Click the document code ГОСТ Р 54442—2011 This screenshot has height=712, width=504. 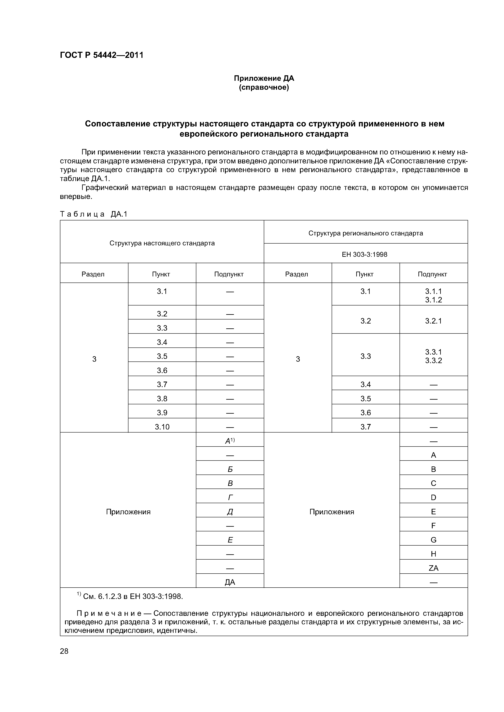tap(102, 55)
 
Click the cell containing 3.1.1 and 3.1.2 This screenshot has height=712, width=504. tap(433, 295)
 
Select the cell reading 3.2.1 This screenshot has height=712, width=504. tap(433, 321)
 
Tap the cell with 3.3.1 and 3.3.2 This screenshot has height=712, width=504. tap(433, 356)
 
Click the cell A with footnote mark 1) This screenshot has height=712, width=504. tap(230, 441)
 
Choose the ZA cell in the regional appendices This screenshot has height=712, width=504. tap(433, 568)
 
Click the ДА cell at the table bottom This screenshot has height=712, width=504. tap(230, 582)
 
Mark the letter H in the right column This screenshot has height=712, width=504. tap(433, 554)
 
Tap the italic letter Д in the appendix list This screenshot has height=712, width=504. tap(230, 512)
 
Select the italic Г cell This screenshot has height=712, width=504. tap(230, 497)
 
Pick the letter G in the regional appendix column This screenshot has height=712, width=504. tap(433, 540)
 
